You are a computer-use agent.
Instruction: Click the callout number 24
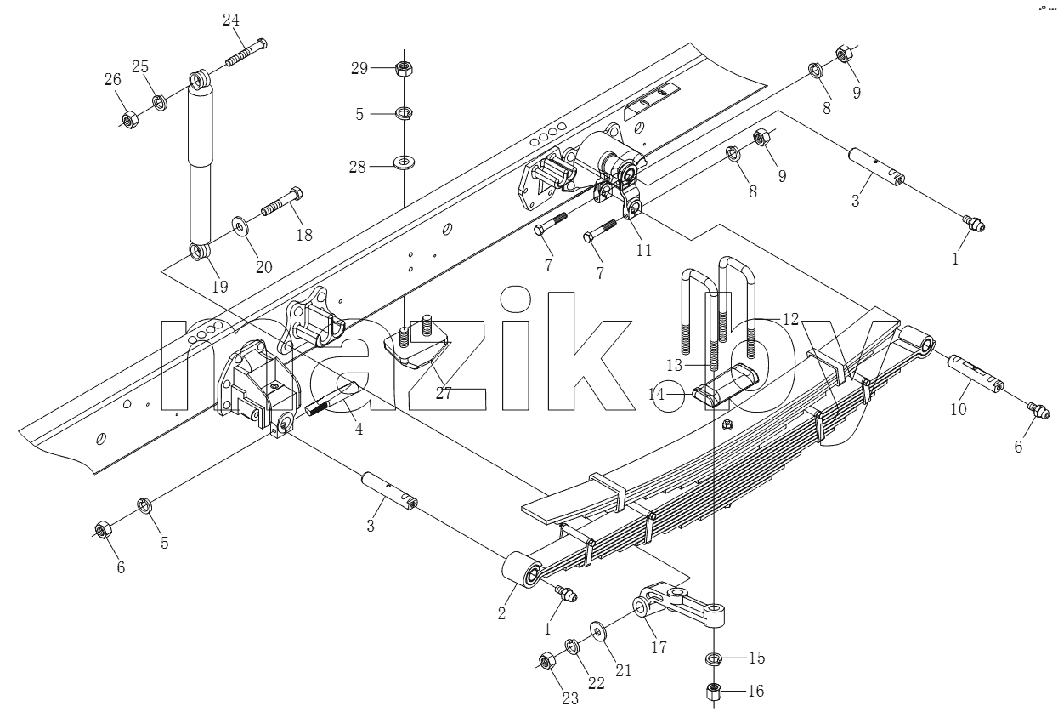coord(231,20)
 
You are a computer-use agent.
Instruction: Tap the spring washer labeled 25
coord(160,103)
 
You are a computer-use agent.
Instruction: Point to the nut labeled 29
coord(404,69)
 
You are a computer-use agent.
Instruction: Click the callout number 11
coord(644,250)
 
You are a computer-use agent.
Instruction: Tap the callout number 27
coord(444,393)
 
